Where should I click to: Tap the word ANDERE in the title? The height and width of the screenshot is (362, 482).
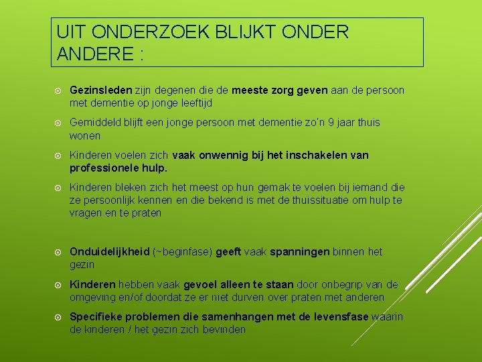(96, 54)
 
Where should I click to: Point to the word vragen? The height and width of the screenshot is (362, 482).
(86, 213)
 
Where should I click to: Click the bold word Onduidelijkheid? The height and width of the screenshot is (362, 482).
(110, 252)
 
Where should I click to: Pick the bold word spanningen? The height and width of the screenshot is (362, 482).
(299, 252)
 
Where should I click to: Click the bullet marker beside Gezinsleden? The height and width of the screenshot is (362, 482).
(60, 90)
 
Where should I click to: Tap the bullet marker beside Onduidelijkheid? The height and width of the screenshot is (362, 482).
(60, 252)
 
